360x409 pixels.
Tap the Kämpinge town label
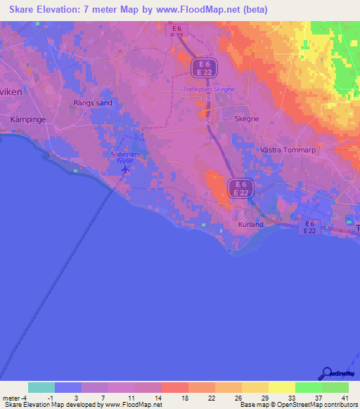(28, 119)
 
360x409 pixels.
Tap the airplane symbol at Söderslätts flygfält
(125, 169)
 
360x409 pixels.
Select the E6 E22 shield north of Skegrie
(205, 68)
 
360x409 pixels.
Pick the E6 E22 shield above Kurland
(240, 188)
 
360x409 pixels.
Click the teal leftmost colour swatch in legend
(41, 387)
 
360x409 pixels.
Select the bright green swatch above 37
(308, 387)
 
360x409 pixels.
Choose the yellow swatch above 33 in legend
(281, 387)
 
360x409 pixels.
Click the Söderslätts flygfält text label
(126, 156)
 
